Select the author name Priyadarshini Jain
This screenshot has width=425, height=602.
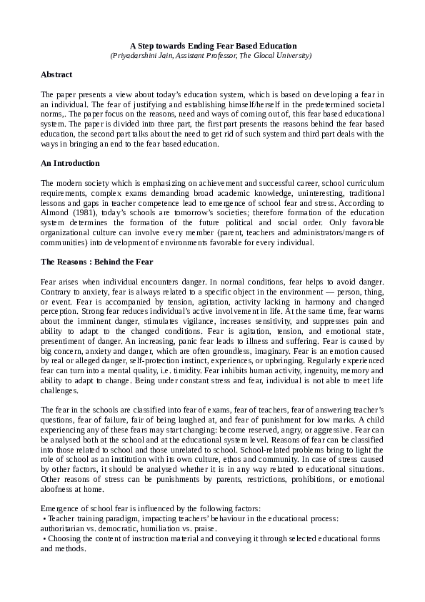(x=143, y=55)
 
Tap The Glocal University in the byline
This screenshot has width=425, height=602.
(x=276, y=55)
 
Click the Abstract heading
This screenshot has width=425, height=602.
(x=56, y=74)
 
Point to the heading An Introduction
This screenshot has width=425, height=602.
(x=70, y=164)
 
